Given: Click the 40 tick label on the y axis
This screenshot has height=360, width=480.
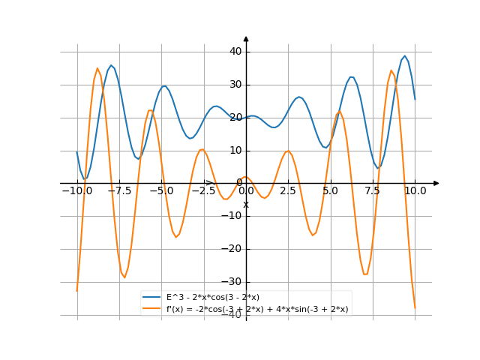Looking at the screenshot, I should [235, 52].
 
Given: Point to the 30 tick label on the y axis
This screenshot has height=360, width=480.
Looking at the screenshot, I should [235, 85].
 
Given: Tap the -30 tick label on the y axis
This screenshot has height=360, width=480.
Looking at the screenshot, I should [234, 282].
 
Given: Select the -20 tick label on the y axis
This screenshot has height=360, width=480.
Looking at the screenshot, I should [234, 249].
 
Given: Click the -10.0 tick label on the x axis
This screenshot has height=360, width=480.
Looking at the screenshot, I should [76, 191].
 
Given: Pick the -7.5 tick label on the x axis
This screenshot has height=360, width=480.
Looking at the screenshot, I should [119, 191].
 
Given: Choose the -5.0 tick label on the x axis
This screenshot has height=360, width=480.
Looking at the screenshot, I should [161, 191].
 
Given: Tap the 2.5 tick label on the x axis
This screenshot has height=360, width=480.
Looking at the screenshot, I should [289, 191].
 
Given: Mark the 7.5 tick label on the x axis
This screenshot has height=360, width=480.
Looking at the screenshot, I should [373, 191].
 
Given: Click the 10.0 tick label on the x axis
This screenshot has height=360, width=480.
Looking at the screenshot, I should [415, 191].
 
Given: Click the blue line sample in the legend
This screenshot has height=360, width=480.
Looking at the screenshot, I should [152, 298].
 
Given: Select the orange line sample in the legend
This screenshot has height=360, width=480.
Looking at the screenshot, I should [152, 309].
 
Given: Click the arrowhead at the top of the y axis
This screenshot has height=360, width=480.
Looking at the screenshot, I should [246, 37].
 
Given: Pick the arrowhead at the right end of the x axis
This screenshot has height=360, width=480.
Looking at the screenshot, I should [436, 183].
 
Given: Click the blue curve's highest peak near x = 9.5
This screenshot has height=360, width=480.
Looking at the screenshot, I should [405, 55].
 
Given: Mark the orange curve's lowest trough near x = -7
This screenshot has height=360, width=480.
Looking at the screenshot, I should [124, 278].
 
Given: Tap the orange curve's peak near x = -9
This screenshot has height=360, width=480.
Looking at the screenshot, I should [97, 68].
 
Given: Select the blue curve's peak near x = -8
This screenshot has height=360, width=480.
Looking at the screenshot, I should [111, 65].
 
